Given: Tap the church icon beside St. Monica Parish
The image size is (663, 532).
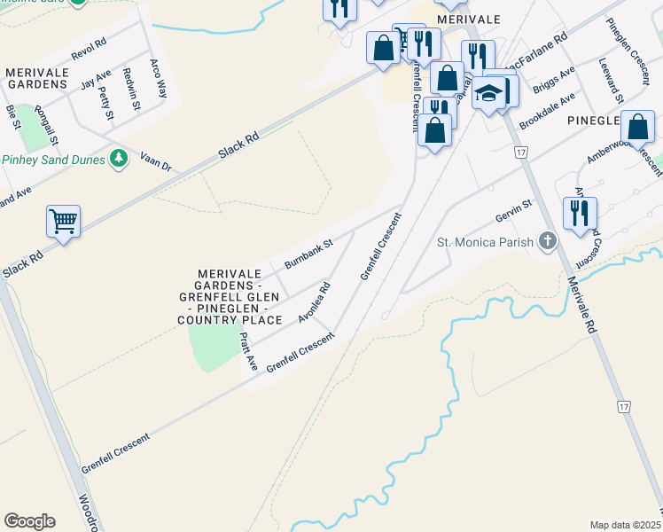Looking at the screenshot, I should pyautogui.click(x=548, y=240).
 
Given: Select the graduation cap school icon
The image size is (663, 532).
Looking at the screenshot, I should pyautogui.click(x=487, y=93).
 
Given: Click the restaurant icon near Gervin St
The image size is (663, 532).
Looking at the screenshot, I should pyautogui.click(x=580, y=213).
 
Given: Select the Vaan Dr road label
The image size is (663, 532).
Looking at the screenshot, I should pyautogui.click(x=154, y=160).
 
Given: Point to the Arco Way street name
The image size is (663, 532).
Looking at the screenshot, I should pyautogui.click(x=158, y=78).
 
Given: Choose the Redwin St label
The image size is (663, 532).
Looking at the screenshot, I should pyautogui.click(x=132, y=89).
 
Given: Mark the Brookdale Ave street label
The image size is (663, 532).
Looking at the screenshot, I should pyautogui.click(x=547, y=111).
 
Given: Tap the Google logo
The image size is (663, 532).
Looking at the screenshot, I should pyautogui.click(x=29, y=521).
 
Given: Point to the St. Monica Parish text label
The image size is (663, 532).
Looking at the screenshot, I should pyautogui.click(x=485, y=241).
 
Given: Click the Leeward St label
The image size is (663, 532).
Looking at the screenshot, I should pyautogui.click(x=612, y=80).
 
